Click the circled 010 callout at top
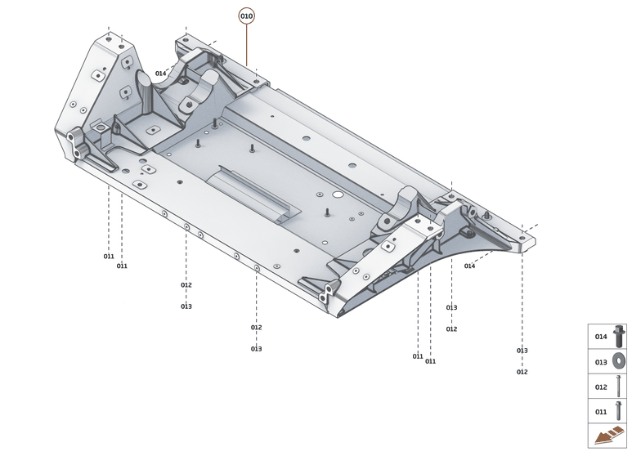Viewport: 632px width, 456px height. coord(246,16)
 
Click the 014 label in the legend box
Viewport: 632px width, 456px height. coord(601,337)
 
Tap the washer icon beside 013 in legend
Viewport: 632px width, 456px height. coord(618,361)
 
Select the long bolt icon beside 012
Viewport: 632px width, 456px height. coord(618,386)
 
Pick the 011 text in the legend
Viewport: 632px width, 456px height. coord(601,412)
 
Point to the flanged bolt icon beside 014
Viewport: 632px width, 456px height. coord(618,336)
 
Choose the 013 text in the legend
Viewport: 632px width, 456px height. coord(601,362)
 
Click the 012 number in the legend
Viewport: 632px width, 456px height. coord(601,387)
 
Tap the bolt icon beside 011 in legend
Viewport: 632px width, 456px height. coord(618,411)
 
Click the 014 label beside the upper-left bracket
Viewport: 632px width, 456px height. coord(161,74)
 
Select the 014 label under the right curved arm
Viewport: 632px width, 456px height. coord(469,266)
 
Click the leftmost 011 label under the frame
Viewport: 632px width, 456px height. coord(109,257)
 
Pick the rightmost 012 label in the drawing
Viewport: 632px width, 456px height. coord(522,372)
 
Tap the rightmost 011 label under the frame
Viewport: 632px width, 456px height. coord(430,360)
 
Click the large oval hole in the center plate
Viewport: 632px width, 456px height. coord(336,196)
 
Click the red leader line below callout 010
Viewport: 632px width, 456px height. coord(246,45)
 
